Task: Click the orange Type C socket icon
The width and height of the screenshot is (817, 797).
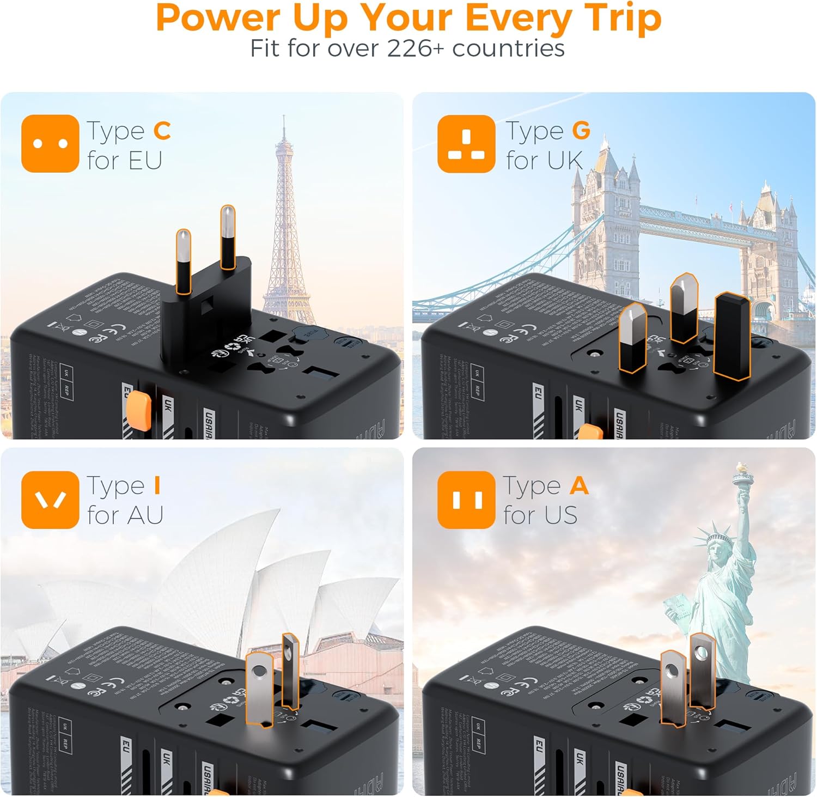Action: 50,144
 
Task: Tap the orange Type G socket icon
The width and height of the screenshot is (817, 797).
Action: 466,144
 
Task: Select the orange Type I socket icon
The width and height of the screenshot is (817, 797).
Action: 50,500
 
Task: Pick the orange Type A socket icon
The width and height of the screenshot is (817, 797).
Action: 466,500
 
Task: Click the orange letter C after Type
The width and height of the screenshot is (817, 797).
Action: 162,131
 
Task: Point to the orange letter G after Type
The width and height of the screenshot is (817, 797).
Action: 581,131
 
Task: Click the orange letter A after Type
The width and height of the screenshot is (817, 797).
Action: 579,485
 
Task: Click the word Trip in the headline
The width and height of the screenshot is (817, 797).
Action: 624,18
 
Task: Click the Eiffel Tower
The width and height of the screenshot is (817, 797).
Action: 285,229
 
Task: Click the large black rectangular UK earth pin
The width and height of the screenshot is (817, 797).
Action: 731,336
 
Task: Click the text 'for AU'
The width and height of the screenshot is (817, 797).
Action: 125,515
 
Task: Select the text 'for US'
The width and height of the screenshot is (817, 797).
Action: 540,515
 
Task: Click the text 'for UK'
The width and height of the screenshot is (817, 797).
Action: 544,161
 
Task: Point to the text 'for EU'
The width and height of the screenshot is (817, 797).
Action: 125,161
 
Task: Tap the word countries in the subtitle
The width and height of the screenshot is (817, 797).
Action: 508,48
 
